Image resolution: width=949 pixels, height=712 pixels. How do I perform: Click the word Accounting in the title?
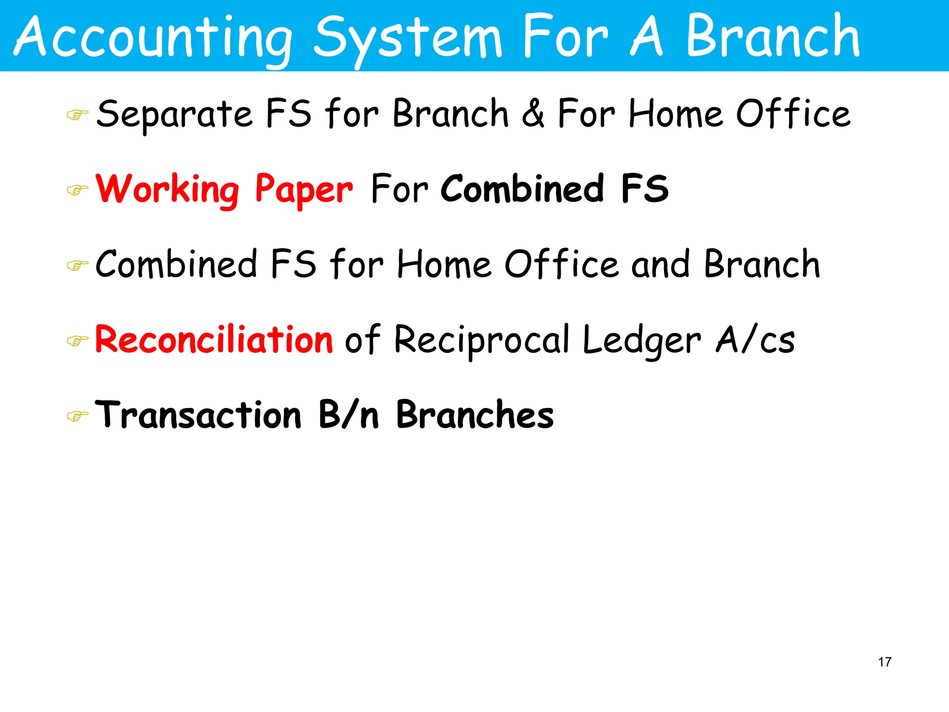point(153,37)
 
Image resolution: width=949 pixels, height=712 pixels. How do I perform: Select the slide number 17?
point(884,662)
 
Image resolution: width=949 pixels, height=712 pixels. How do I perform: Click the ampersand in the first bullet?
point(533,114)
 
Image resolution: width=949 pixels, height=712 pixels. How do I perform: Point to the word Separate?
point(174,114)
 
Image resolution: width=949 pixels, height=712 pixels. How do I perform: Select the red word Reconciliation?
point(214,339)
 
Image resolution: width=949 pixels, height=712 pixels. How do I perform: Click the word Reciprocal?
point(482,341)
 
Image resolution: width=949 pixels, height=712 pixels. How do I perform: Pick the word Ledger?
point(642,341)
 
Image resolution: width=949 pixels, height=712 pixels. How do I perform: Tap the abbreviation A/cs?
point(755,340)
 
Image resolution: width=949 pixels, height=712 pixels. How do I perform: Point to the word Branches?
point(475,414)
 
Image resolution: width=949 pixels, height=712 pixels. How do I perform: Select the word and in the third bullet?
point(660,264)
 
